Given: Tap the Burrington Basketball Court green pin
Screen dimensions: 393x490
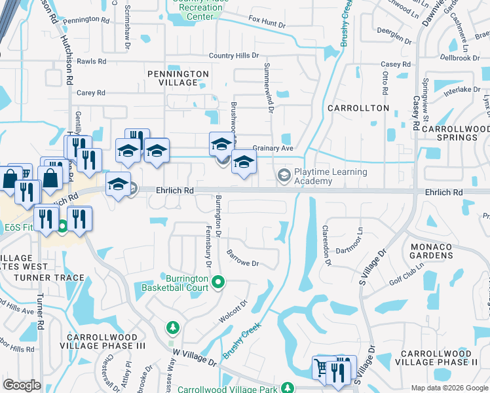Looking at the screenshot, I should tap(219, 283).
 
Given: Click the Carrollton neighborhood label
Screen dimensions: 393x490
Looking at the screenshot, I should tap(358, 108).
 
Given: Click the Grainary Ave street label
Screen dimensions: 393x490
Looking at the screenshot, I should tap(273, 149).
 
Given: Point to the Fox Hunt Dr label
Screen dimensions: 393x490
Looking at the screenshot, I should tap(267, 25).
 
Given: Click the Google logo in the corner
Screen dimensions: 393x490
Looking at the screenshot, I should tap(22, 385).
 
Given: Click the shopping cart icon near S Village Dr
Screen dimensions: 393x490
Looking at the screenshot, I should tap(322, 367).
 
